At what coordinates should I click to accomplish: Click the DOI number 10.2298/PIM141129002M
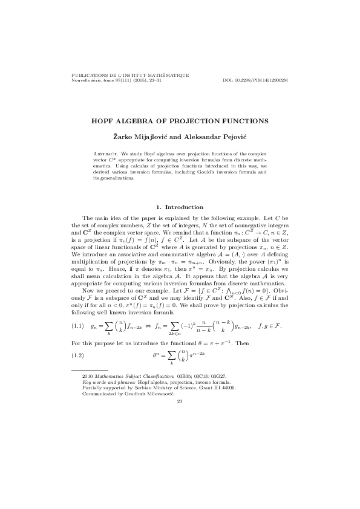click(x=263, y=80)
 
